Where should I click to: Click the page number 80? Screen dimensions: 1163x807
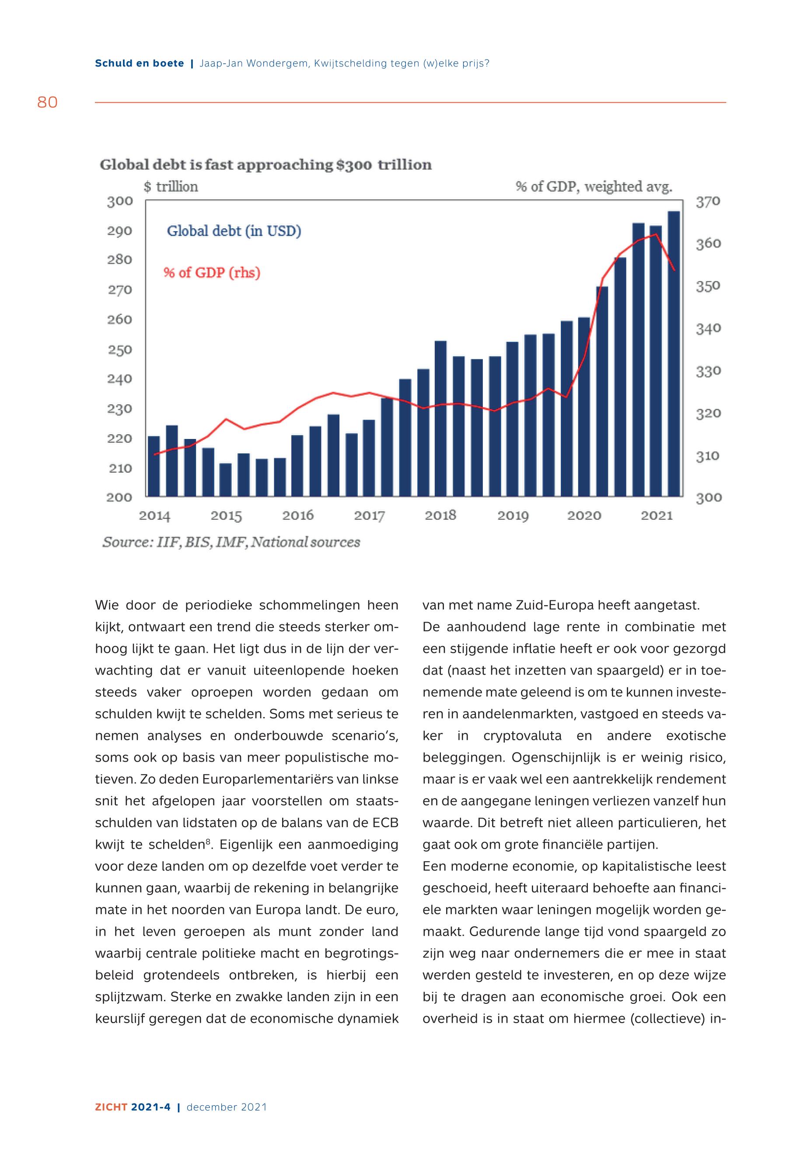click(48, 103)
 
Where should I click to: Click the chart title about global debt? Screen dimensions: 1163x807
click(266, 165)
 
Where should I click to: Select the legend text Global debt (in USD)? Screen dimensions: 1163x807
click(234, 231)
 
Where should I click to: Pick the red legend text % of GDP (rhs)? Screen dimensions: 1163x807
click(211, 273)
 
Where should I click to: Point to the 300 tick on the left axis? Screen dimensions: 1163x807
click(120, 201)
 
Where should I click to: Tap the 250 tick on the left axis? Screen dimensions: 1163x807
click(120, 350)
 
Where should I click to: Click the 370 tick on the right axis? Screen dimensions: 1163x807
click(708, 202)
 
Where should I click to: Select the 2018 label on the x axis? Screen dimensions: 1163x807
click(440, 515)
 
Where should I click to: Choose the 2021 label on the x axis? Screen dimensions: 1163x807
click(657, 515)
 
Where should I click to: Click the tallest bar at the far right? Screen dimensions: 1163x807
click(674, 354)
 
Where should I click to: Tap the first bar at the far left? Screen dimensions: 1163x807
click(154, 466)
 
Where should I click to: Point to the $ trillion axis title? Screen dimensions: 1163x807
click(171, 187)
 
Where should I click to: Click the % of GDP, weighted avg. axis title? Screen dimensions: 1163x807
click(594, 187)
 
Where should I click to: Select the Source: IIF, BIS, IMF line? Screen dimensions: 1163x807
click(231, 542)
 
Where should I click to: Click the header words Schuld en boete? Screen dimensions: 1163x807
click(140, 64)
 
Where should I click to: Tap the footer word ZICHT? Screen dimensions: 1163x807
click(111, 1107)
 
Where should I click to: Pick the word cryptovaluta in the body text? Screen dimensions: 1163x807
click(522, 736)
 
